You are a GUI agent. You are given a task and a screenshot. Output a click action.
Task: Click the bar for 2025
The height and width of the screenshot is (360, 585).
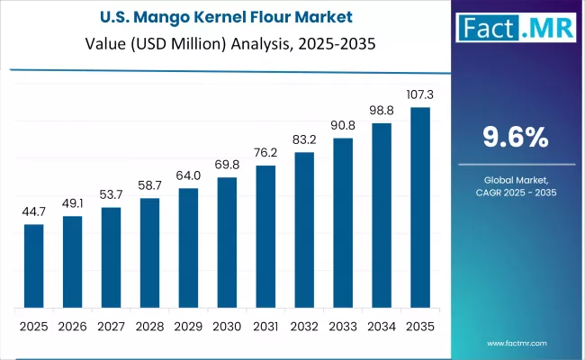coord(33,265)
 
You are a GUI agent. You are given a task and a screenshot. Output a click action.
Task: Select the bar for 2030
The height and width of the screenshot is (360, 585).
coord(227,242)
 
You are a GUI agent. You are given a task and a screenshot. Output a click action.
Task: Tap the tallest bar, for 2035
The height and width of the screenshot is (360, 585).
coord(420,208)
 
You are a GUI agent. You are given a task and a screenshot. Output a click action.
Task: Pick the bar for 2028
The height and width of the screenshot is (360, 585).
coord(149,252)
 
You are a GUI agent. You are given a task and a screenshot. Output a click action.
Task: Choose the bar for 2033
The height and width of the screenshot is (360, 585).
coord(343,222)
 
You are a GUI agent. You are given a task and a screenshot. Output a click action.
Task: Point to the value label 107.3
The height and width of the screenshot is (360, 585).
coord(420,94)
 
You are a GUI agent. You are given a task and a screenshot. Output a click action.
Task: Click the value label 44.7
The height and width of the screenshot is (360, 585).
coord(33,211)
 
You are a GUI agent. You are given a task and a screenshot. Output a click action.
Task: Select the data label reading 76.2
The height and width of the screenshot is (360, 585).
coord(265,152)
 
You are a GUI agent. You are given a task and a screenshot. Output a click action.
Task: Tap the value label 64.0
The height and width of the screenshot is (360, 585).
coord(188,175)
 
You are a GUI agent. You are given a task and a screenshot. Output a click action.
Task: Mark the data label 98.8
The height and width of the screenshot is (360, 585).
coord(382,109)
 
